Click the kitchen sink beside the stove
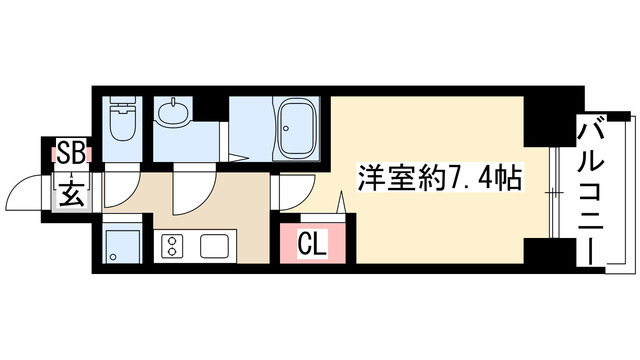coord(215,244)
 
